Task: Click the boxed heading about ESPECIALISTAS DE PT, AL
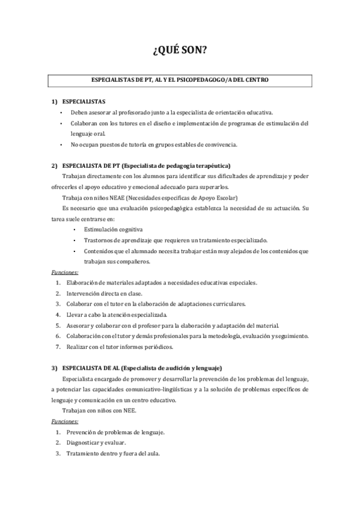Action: click(x=180, y=79)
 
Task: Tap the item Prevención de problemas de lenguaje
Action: click(x=115, y=432)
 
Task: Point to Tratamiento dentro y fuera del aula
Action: click(x=113, y=453)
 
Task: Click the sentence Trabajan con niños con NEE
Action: click(x=99, y=411)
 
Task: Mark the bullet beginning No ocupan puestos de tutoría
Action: click(x=154, y=144)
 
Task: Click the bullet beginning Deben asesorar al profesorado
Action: click(x=171, y=112)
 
